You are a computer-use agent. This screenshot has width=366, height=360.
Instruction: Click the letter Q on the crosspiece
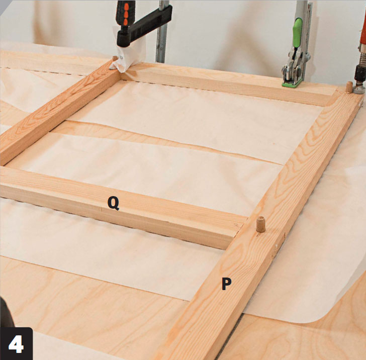click(x=113, y=203)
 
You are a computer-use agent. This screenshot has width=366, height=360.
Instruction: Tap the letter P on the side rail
click(x=226, y=284)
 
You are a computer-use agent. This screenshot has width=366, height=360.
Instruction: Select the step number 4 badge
click(x=16, y=343)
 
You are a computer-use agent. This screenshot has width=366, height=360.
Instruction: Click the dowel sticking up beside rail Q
click(x=261, y=224)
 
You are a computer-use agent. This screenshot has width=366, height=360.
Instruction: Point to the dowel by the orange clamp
click(x=349, y=87)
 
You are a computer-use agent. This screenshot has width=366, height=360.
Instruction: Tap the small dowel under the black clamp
click(x=115, y=58)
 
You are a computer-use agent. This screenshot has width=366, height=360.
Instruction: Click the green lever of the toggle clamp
click(x=297, y=33)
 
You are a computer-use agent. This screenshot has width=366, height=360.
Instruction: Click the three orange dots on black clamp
click(x=126, y=15)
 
